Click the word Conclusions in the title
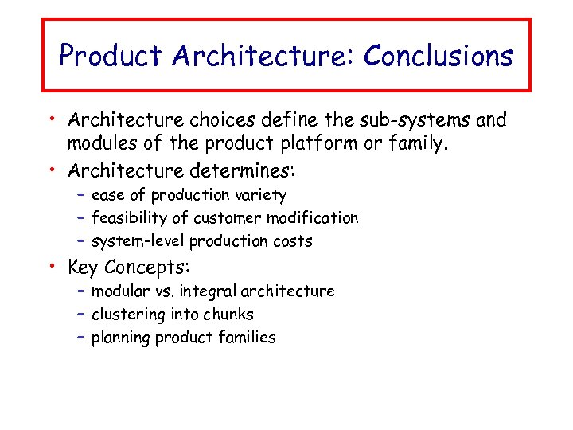coord(439,57)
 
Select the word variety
coord(259,195)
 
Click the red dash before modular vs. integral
coord(81,291)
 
